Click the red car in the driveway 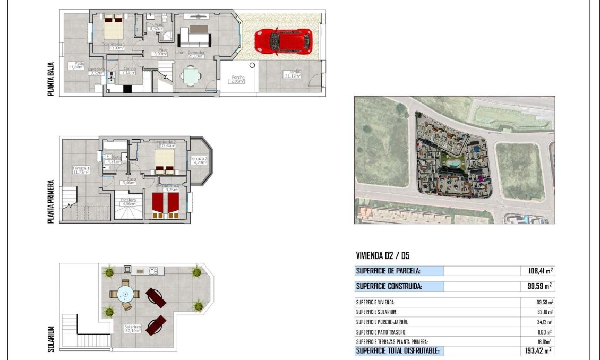(282, 41)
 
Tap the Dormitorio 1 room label (113, 46)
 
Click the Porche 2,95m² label (238, 80)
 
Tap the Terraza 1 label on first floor (81, 170)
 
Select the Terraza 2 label (199, 160)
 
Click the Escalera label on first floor (128, 202)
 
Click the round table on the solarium (126, 293)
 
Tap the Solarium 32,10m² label (132, 329)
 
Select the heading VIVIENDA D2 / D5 (383, 256)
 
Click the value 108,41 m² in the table (537, 271)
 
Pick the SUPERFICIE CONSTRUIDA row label (389, 286)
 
